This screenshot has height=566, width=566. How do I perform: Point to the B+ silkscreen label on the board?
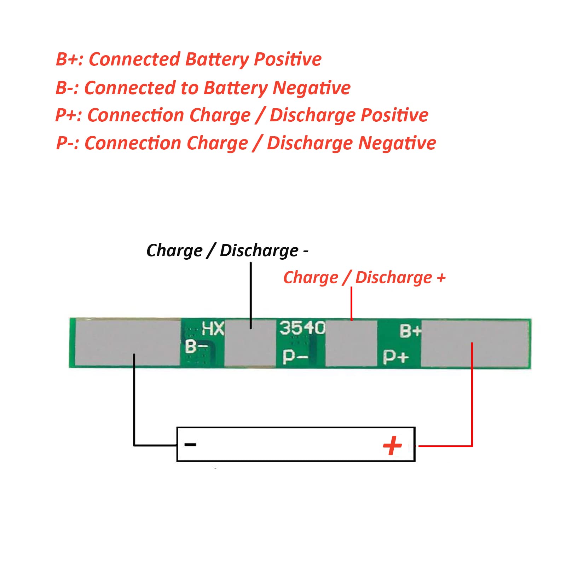pos(410,331)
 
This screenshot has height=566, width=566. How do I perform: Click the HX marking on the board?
pos(213,329)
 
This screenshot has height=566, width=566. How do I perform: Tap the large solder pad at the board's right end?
pos(475,343)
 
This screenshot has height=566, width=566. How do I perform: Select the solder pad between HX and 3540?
pos(250,342)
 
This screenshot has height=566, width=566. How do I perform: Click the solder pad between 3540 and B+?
pos(351,343)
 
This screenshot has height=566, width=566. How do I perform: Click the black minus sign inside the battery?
pos(190,444)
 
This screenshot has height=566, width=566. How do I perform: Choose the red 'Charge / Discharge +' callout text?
pos(364,278)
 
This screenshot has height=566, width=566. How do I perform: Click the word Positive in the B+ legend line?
pos(288,59)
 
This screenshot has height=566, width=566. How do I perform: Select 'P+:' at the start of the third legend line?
pos(69,115)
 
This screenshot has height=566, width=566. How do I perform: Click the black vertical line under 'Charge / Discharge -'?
pos(251,295)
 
